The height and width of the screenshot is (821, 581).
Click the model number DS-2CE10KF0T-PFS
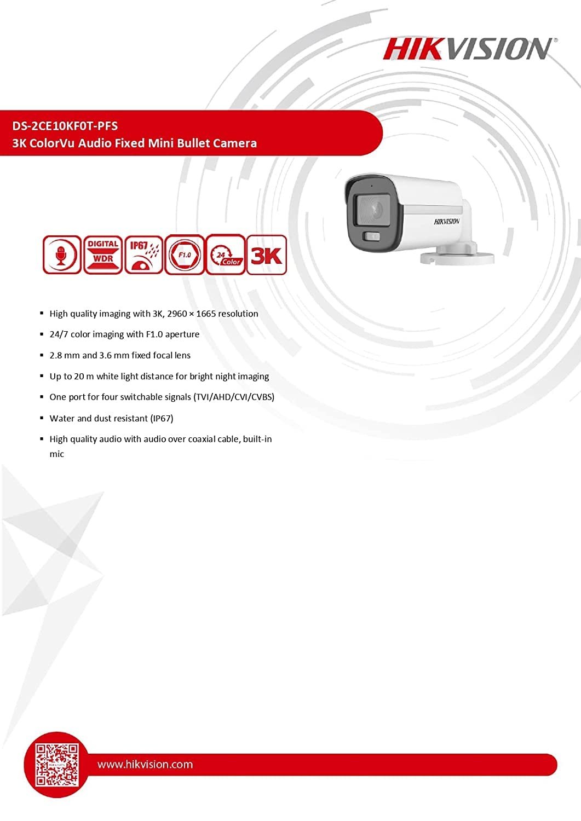pyautogui.click(x=65, y=126)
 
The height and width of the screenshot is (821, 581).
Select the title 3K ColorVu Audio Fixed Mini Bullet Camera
pyautogui.click(x=134, y=143)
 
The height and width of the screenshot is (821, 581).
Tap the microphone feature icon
pyautogui.click(x=62, y=255)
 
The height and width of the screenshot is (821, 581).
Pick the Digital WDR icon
pyautogui.click(x=103, y=255)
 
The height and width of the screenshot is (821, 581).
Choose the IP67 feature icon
pyautogui.click(x=143, y=255)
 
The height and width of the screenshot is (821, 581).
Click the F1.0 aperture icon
pyautogui.click(x=185, y=255)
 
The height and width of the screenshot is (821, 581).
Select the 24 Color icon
pyautogui.click(x=225, y=255)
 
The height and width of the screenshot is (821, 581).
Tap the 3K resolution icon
pyautogui.click(x=266, y=255)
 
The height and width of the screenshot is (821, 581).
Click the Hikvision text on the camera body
pyautogui.click(x=447, y=222)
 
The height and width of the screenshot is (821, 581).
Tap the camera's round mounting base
pyautogui.click(x=457, y=256)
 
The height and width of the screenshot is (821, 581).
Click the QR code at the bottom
pyautogui.click(x=57, y=765)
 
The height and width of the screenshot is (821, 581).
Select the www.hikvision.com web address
pyautogui.click(x=145, y=765)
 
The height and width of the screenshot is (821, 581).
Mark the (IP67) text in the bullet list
pyautogui.click(x=162, y=418)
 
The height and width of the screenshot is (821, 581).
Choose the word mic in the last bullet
pyautogui.click(x=57, y=454)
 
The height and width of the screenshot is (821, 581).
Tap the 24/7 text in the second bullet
pyautogui.click(x=59, y=334)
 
